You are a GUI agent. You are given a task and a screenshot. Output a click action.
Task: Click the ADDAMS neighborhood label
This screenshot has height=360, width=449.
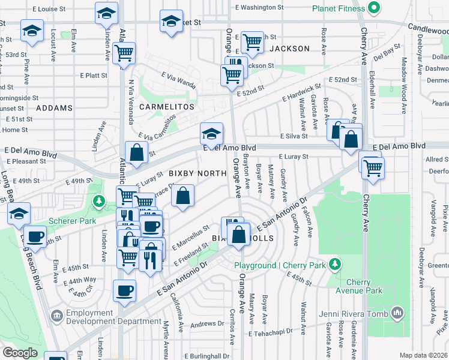coord(54,108)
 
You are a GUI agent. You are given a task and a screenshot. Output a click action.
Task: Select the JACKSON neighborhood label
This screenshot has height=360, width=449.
coord(289,48)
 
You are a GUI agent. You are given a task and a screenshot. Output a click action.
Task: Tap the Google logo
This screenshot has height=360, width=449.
coord(20,353)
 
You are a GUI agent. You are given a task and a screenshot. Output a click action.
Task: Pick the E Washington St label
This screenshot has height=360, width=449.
coord(259,8)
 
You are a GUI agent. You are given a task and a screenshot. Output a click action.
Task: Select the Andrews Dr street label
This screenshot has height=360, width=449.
coord(207,325)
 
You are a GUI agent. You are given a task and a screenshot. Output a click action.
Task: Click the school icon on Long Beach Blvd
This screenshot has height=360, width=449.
coord(19,214)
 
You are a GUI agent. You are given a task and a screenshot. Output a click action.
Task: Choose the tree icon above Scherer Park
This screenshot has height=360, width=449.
coord(98,200)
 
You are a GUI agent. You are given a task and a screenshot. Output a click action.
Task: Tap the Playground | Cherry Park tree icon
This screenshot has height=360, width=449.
coord(335,264)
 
